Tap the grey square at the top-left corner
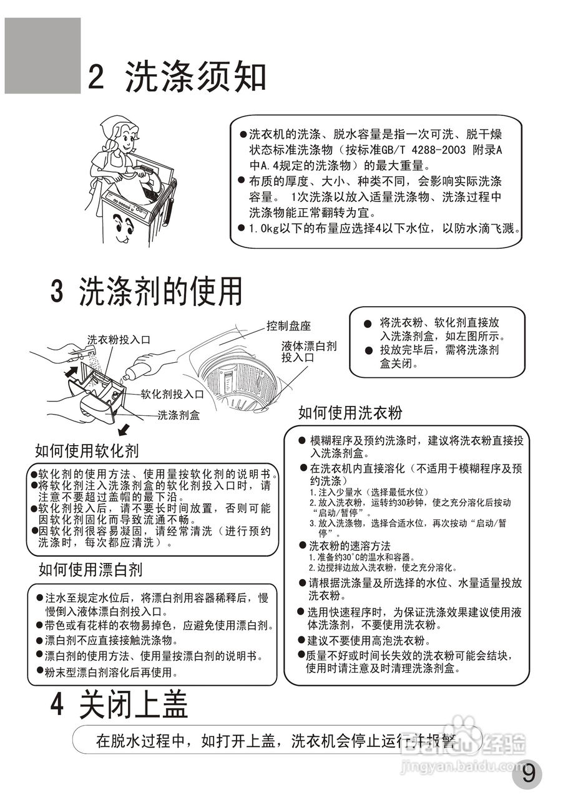pyautogui.click(x=42, y=55)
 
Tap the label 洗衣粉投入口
pyautogui.click(x=119, y=340)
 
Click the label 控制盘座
pyautogui.click(x=288, y=325)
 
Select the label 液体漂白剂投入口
pyautogui.click(x=308, y=352)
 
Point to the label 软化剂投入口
pyautogui.click(x=172, y=394)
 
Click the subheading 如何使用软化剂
pyautogui.click(x=87, y=451)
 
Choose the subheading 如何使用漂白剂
pyautogui.click(x=91, y=569)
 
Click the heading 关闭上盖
pyautogui.click(x=133, y=706)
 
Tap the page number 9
pyautogui.click(x=528, y=774)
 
